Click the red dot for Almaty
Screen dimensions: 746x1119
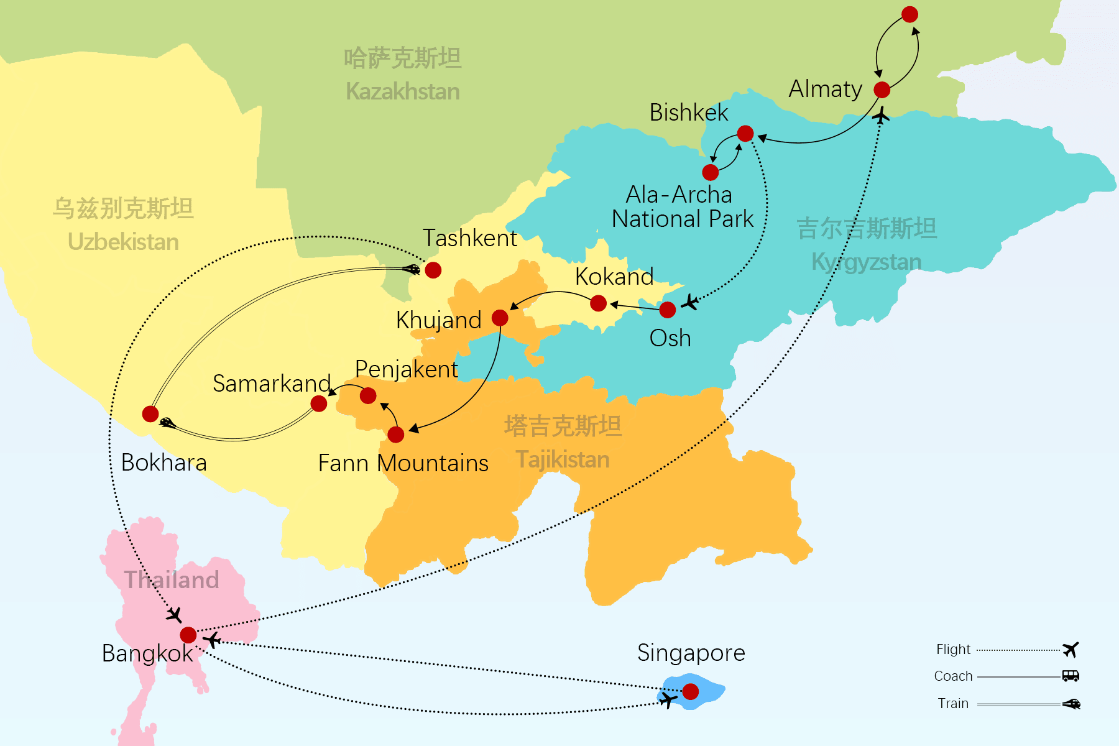pos(882,90)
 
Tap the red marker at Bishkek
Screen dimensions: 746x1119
pos(745,133)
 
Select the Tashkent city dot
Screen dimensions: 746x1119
pos(433,270)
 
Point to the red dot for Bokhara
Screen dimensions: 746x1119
pos(150,414)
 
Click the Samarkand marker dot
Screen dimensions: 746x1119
pos(319,404)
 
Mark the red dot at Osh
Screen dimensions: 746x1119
pos(668,310)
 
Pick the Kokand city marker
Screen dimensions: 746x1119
pos(598,303)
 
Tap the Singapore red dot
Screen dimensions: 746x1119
pos(691,691)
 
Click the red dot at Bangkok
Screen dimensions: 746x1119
pos(188,635)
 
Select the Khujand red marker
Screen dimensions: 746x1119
pos(500,318)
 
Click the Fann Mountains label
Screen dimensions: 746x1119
pos(403,463)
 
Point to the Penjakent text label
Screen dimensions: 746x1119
pos(407,369)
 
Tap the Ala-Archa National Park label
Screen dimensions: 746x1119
pos(681,207)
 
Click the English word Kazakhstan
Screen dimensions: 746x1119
pos(403,92)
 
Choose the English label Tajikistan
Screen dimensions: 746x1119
pos(563,460)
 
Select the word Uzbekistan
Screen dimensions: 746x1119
pos(123,242)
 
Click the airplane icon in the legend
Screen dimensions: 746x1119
pos(1071,650)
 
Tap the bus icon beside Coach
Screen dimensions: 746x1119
pos(1071,676)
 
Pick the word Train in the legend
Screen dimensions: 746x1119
pos(953,703)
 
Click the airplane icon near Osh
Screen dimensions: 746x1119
pos(689,303)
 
